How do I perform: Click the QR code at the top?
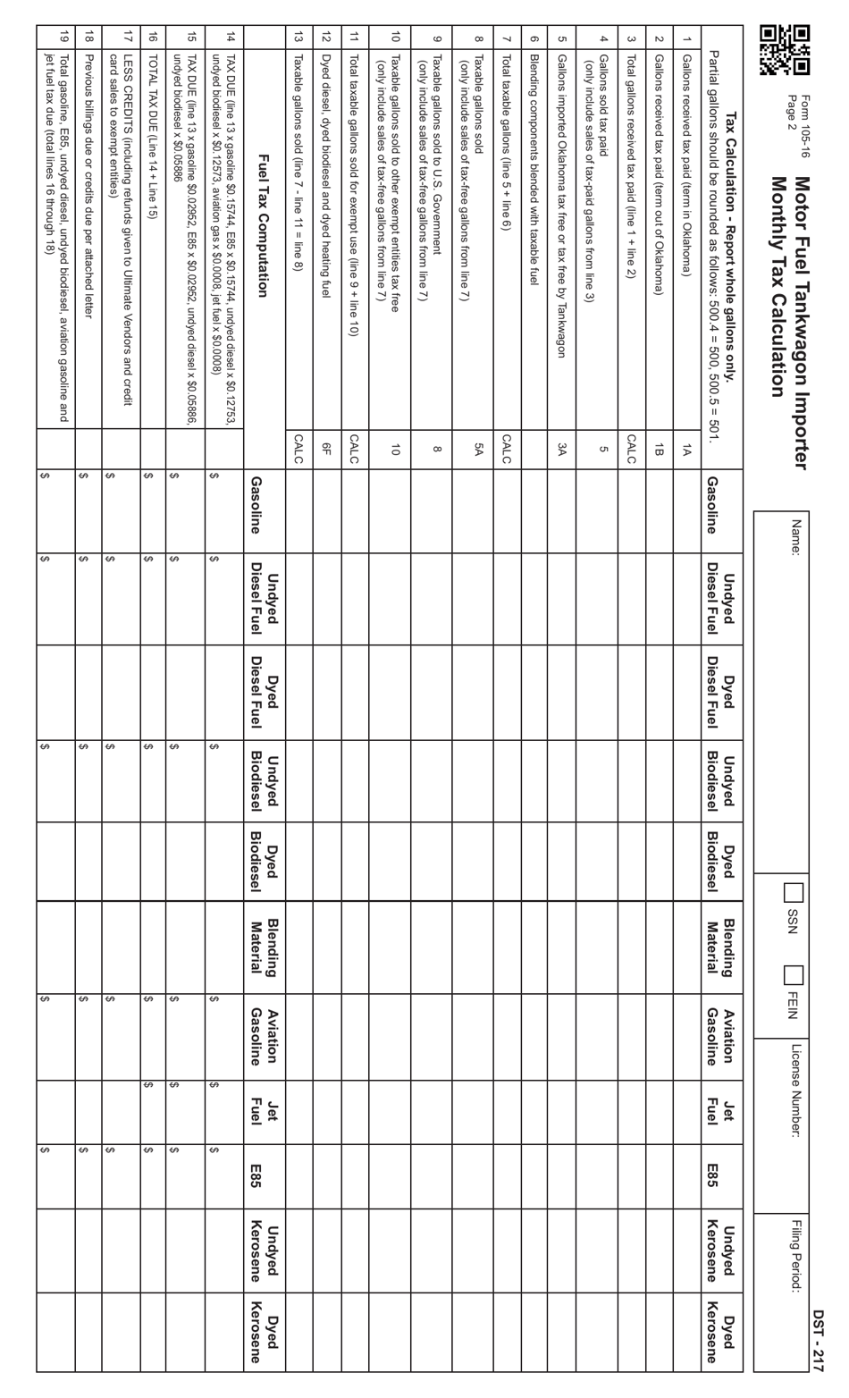pyautogui.click(x=785, y=48)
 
